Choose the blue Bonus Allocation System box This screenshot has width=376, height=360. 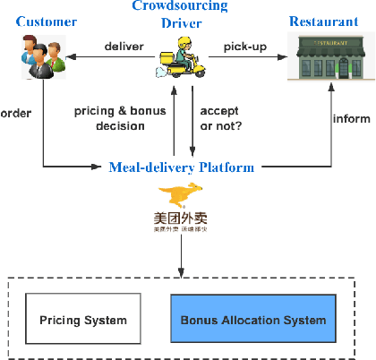click(x=253, y=320)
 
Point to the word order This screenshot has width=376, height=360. click(x=16, y=114)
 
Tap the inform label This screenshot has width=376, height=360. click(x=349, y=118)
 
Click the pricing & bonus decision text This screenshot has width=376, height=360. click(x=107, y=118)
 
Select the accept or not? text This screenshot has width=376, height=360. click(x=218, y=118)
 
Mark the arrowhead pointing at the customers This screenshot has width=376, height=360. click(x=75, y=60)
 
